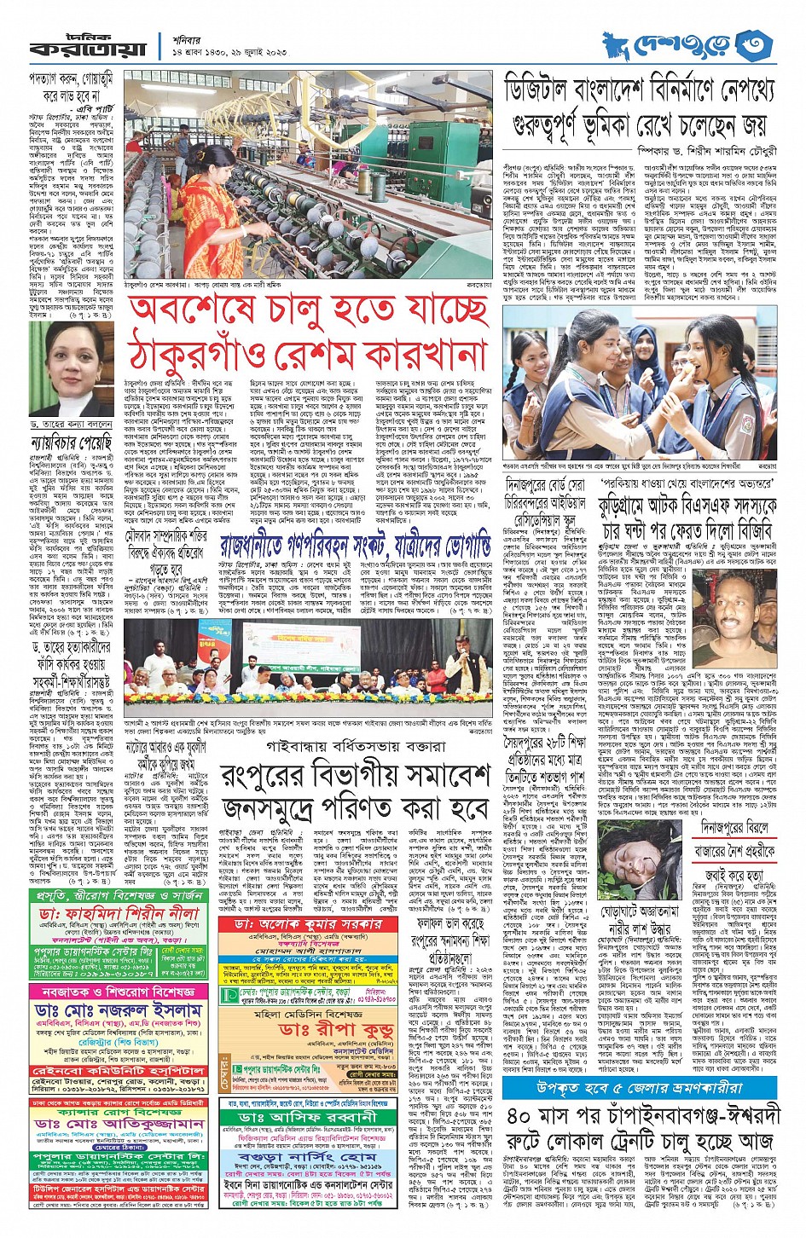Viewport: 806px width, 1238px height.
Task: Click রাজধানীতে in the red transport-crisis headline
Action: point(264,544)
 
